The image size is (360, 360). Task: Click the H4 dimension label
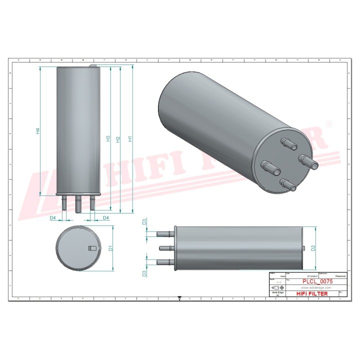pyautogui.click(x=37, y=131)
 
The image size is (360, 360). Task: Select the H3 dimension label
pyautogui.click(x=108, y=138)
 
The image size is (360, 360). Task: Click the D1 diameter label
pyautogui.click(x=111, y=247)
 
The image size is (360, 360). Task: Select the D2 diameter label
pyautogui.click(x=313, y=247)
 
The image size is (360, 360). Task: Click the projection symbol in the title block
pyautogui.click(x=275, y=288)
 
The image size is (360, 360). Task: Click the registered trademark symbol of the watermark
pyautogui.click(x=328, y=123)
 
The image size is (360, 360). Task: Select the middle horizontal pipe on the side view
pyautogui.click(x=165, y=248)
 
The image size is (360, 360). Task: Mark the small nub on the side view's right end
pyautogui.click(x=305, y=248)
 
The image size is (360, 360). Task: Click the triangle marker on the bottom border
pyautogui.click(x=180, y=298)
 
